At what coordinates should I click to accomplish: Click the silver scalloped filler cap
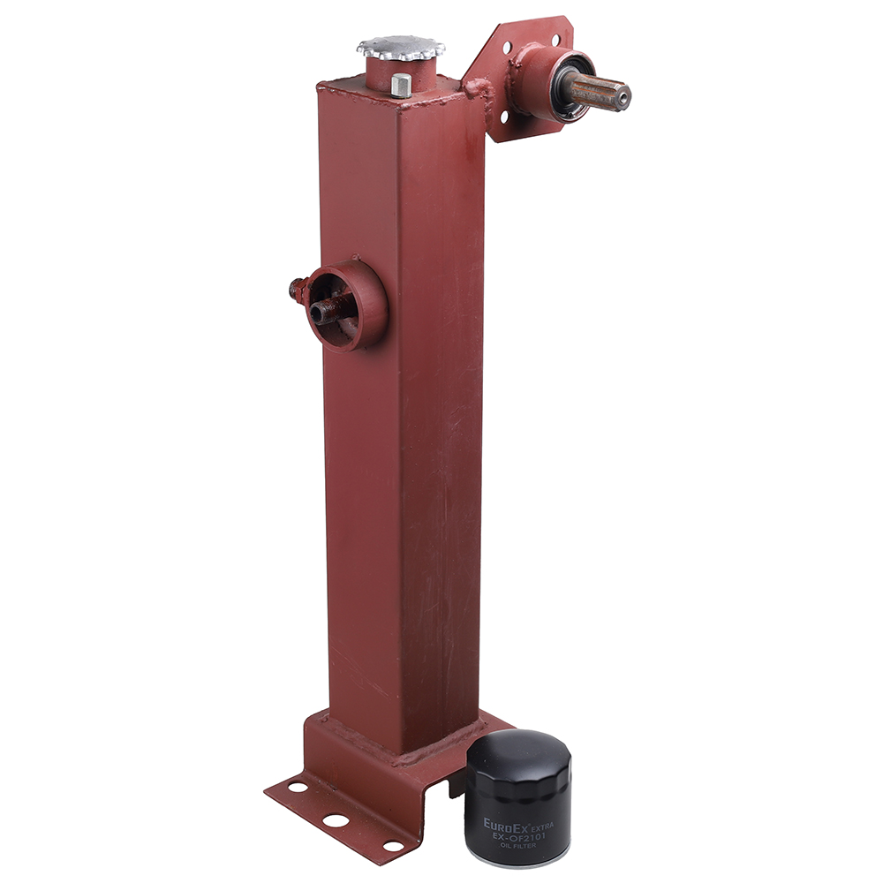(400, 48)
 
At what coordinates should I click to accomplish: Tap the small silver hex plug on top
(400, 86)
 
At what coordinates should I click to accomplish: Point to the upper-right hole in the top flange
(555, 40)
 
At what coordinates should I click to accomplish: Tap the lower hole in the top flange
(504, 117)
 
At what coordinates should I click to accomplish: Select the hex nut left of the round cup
(298, 289)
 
